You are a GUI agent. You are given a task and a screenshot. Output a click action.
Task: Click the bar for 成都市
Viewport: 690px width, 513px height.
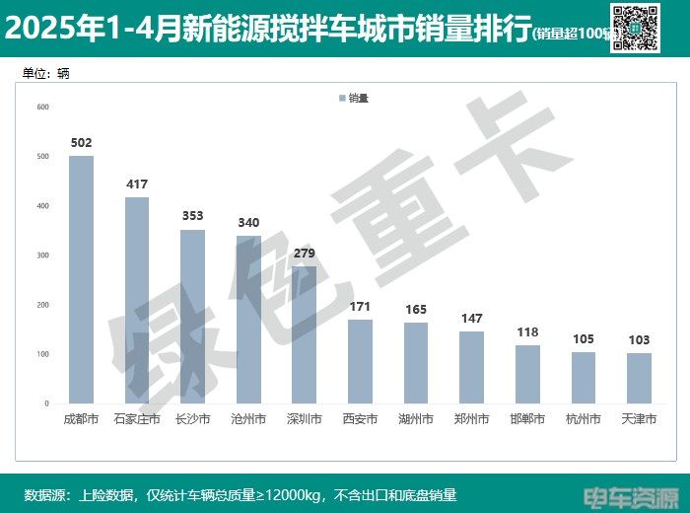click(x=81, y=279)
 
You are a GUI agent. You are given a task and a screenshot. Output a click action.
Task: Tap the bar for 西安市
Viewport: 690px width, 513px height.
click(x=360, y=361)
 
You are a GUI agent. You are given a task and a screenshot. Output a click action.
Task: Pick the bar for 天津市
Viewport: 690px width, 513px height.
click(x=639, y=378)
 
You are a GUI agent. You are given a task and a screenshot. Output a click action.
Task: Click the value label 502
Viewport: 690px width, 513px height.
click(x=81, y=143)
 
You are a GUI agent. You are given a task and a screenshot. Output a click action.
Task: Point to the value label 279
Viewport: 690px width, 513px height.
click(x=305, y=254)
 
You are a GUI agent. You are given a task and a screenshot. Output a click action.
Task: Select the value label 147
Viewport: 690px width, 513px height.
click(x=472, y=319)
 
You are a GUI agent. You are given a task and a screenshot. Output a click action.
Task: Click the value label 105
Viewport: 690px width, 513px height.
click(x=584, y=339)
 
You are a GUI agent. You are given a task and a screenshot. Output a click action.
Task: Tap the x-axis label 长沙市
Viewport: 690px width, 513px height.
click(x=192, y=419)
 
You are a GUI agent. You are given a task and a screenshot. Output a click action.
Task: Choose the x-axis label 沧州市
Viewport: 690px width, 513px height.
click(x=248, y=419)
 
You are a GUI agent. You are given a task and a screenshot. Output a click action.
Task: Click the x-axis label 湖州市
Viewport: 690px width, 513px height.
click(x=416, y=419)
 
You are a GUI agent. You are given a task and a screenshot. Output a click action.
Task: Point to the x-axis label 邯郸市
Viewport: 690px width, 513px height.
click(x=527, y=419)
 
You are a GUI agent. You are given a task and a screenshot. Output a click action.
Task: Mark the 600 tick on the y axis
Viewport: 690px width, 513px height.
click(x=42, y=107)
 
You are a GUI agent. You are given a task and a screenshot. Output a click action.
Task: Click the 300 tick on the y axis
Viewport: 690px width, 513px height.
click(x=42, y=256)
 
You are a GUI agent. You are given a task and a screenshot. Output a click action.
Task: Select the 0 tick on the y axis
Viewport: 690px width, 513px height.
click(x=45, y=403)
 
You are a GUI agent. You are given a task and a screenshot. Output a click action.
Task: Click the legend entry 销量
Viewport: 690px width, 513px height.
click(x=353, y=98)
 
